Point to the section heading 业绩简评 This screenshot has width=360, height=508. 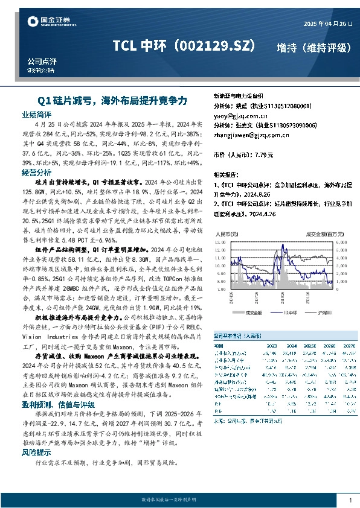tap(36, 114)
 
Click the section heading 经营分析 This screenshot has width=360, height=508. tap(36, 172)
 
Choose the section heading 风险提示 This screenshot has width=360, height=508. tap(36, 452)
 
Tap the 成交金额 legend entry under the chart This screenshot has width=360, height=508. tap(251, 313)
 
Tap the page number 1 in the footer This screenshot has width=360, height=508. tap(350, 500)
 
